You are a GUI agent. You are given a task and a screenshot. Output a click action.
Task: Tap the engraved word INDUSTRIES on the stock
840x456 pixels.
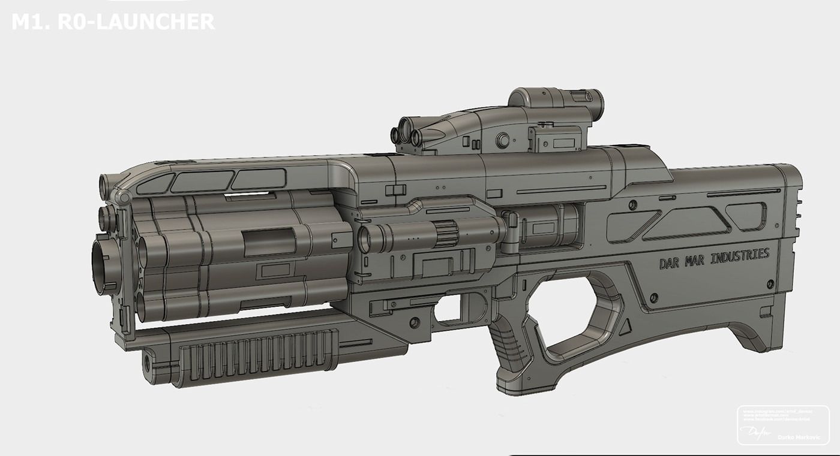pos(739,256)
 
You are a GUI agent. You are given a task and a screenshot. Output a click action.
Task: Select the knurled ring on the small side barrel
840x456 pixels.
pos(445,232)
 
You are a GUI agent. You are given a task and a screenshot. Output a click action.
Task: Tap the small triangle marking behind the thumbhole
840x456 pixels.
pos(625,327)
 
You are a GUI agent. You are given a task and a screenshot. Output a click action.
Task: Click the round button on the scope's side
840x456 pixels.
pos(502,140)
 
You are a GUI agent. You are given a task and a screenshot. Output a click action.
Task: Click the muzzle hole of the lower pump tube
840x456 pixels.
pos(146,363)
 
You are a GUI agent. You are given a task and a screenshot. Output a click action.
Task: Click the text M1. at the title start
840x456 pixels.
pos(30,22)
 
